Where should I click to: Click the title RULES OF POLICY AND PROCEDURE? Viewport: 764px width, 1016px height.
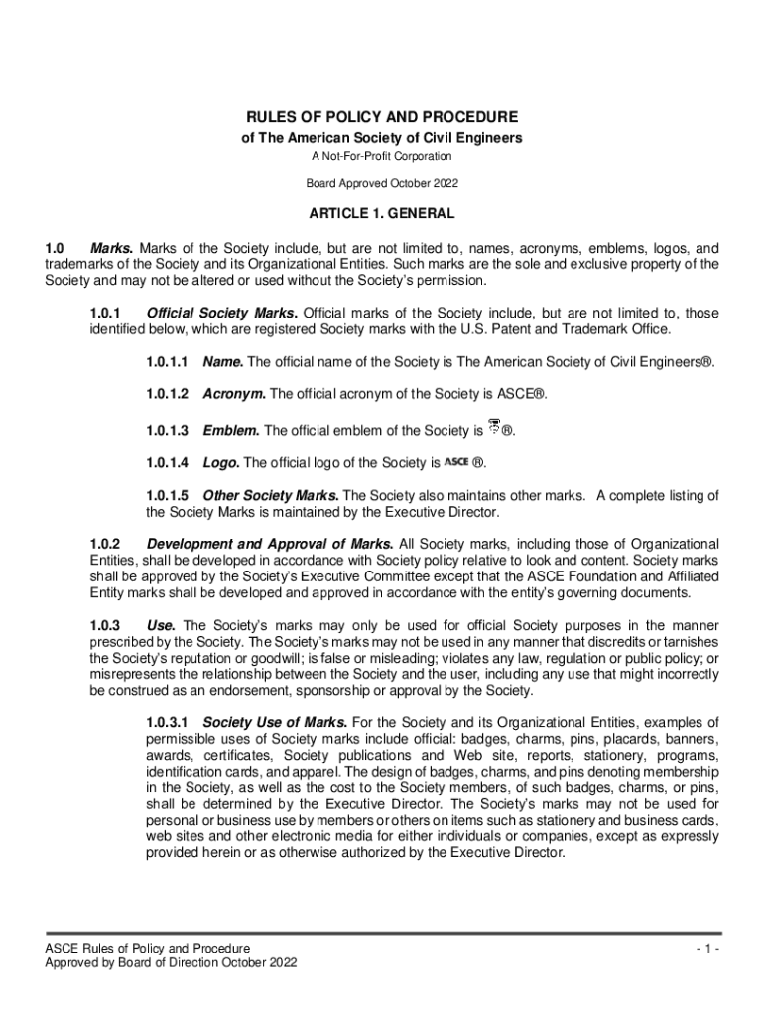coord(382,117)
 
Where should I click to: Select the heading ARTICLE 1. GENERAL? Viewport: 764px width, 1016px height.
coord(382,213)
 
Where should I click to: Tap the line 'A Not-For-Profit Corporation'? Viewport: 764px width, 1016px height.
coord(382,157)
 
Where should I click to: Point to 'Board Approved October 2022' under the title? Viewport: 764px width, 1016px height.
coord(382,184)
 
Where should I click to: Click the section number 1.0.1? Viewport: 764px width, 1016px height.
coord(104,314)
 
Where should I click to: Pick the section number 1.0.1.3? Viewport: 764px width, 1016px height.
coord(167,431)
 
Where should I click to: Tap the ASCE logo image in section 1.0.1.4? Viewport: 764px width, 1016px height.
coord(455,462)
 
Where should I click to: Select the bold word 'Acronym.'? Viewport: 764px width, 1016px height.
coord(234,394)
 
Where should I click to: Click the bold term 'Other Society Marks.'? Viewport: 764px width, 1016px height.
coord(271,495)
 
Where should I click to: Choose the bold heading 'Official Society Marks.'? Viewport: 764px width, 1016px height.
coord(222,314)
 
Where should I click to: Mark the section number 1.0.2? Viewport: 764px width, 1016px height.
coord(104,544)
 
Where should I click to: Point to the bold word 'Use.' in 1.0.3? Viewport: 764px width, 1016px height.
coord(161,625)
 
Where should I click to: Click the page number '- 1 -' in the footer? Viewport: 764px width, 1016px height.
coord(706,949)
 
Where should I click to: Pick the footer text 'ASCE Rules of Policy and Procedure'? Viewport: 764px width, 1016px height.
coord(140,949)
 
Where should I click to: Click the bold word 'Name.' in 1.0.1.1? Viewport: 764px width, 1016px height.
coord(222,362)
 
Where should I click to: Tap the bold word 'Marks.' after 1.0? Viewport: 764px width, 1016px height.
coord(112,248)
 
